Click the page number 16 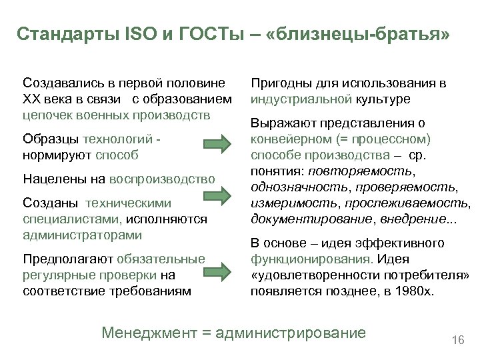tap(457, 341)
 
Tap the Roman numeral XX tap(32, 99)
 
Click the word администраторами tap(82, 235)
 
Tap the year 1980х tap(412, 291)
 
